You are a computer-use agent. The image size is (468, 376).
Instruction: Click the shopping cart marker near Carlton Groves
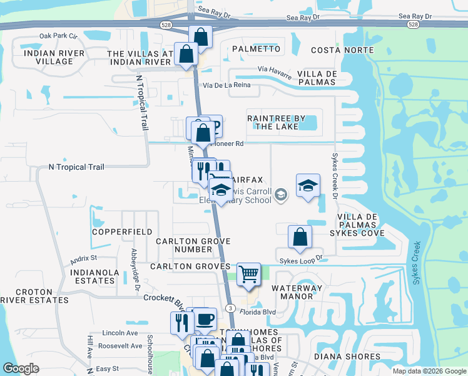tap(248, 273)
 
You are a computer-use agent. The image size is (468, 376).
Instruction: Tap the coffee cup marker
tap(205, 319)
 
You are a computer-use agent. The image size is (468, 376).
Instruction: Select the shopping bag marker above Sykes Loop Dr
tap(300, 236)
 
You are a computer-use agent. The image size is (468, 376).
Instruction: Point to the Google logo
tap(21, 368)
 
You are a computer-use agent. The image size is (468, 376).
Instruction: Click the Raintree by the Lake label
tap(276, 122)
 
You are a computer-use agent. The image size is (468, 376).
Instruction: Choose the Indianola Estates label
tap(93, 276)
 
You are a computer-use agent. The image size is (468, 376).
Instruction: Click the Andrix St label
tap(84, 258)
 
